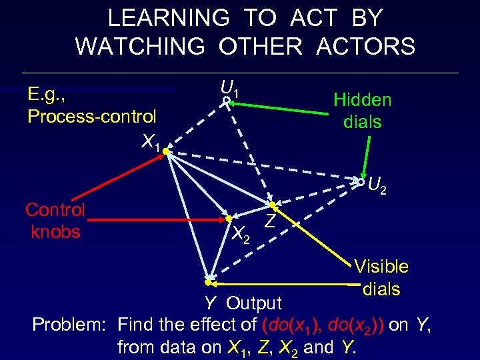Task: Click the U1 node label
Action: point(231,87)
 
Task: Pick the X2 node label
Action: point(241,233)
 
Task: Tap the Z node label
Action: point(270,221)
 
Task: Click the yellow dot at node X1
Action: point(165,151)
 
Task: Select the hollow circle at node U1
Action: point(227,100)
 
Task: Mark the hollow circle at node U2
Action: point(361,181)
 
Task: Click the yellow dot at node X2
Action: point(228,218)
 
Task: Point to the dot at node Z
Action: point(272,204)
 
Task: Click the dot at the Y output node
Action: point(209,281)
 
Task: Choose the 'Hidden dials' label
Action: point(362,111)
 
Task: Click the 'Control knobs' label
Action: point(55,221)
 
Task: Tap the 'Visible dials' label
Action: point(381,277)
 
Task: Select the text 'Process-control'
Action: point(92,117)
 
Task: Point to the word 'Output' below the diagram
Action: point(254,303)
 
